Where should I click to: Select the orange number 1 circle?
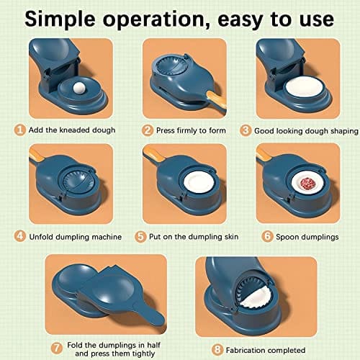[20, 130]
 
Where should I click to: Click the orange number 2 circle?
[148, 130]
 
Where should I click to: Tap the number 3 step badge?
[246, 130]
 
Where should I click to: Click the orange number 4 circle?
[20, 236]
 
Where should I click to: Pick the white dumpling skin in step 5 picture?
[199, 182]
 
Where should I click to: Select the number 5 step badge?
[140, 236]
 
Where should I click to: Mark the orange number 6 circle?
[267, 236]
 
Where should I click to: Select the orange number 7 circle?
[57, 348]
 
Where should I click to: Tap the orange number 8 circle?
[217, 349]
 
